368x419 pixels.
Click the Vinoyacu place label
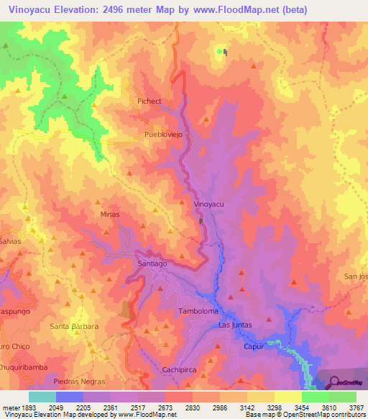click(x=209, y=204)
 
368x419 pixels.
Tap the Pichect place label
click(x=150, y=102)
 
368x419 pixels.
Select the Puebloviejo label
click(x=165, y=135)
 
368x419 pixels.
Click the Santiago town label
click(x=152, y=264)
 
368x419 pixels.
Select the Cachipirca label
click(x=180, y=369)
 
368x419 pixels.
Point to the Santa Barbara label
click(x=74, y=326)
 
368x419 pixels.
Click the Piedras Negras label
click(x=79, y=381)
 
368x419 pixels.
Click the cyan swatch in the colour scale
click(x=42, y=397)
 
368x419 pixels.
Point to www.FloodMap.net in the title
click(x=236, y=10)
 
